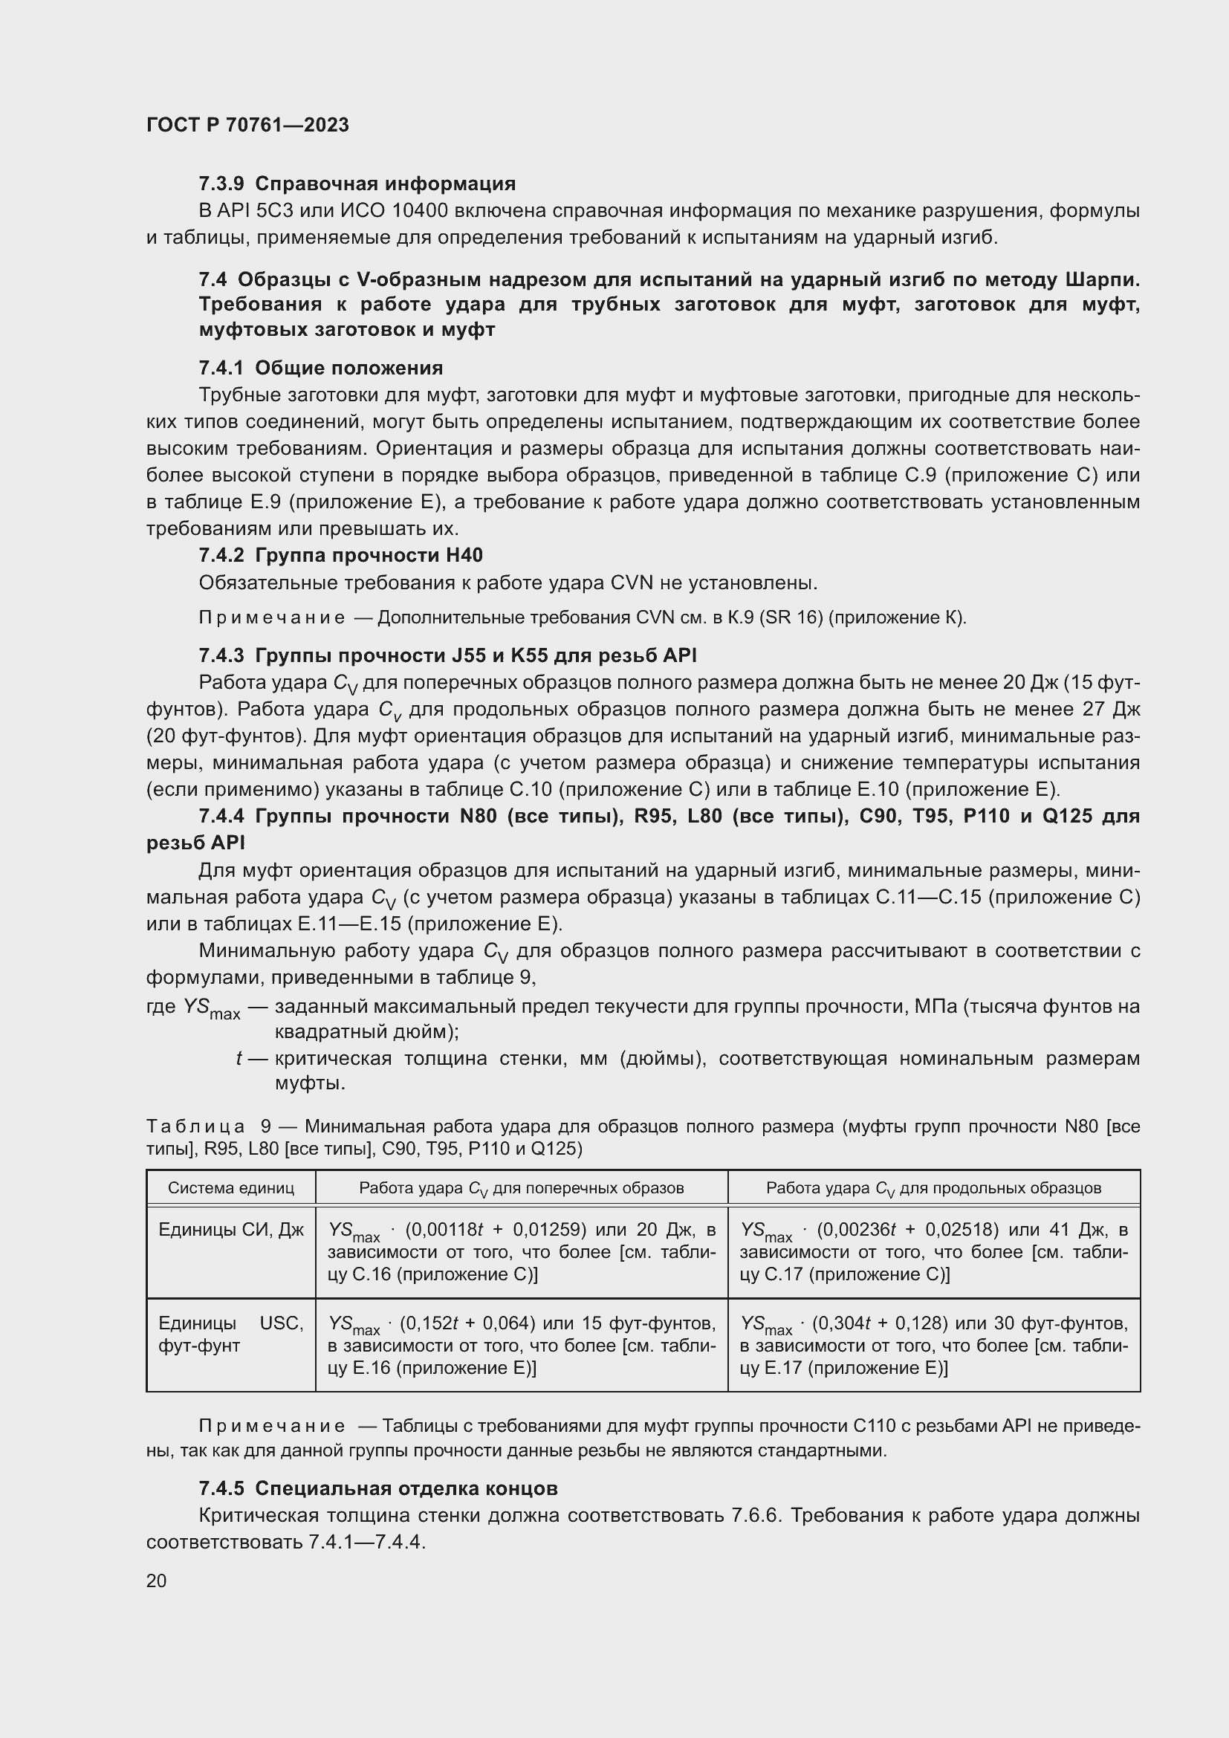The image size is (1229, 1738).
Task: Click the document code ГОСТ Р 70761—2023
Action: pos(247,125)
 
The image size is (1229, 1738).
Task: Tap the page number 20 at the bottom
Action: pos(157,1580)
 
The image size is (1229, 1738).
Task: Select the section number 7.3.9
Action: pos(221,184)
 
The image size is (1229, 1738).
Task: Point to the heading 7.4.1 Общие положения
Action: pos(321,368)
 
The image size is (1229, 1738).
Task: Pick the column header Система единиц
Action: pos(231,1187)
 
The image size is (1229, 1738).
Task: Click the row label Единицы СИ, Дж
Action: pos(231,1230)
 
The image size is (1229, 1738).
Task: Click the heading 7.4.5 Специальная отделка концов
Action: pos(378,1488)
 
